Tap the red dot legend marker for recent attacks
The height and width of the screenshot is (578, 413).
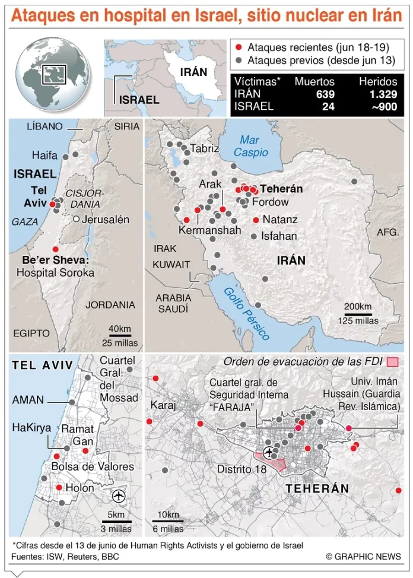[239, 47]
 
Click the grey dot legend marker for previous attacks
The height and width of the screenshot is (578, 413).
[239, 61]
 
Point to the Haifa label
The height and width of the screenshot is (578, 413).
[45, 155]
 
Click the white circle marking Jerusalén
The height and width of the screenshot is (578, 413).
[76, 220]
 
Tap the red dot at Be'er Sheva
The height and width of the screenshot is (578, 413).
[55, 249]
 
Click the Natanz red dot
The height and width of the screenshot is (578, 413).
[255, 220]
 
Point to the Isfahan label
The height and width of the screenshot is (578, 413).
[279, 236]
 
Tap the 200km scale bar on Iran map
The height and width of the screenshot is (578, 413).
[357, 314]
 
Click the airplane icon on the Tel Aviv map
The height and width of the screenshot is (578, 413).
[119, 495]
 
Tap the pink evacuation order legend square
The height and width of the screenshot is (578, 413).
[392, 362]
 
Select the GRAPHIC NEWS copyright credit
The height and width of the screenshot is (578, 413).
[363, 556]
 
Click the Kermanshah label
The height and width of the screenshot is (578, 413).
[209, 230]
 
